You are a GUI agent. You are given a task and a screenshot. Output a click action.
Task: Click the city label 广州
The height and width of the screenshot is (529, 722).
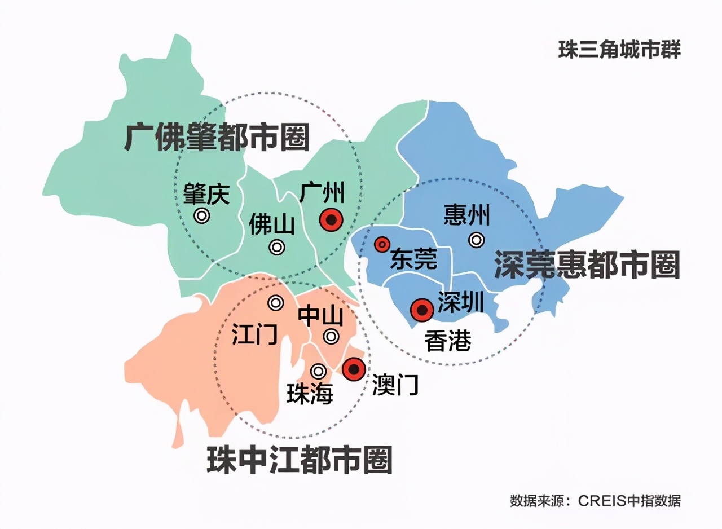click(322, 193)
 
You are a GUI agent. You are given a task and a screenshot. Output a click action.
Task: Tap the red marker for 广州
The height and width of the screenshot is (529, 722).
click(331, 220)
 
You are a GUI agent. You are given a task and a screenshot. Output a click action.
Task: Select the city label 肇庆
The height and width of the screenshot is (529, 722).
click(206, 195)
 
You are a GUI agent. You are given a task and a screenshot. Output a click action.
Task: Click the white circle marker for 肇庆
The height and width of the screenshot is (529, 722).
click(201, 215)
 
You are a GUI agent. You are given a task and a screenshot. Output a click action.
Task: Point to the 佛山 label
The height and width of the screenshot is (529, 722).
click(272, 226)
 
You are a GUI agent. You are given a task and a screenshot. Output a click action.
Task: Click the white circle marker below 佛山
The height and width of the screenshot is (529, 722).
click(277, 247)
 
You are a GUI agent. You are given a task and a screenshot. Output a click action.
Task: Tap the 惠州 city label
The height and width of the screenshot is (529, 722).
click(467, 215)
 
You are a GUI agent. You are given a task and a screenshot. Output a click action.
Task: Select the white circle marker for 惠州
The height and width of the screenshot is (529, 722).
click(477, 240)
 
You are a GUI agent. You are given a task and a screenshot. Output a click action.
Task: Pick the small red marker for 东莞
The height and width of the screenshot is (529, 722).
click(382, 244)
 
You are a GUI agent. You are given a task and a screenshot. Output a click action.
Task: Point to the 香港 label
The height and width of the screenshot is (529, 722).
click(448, 341)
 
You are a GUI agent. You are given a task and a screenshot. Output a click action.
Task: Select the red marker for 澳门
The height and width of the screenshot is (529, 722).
click(354, 369)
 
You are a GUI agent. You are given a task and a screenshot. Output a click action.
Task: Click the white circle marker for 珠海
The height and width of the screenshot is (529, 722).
click(319, 371)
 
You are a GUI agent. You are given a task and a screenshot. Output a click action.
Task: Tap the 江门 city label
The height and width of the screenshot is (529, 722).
click(254, 334)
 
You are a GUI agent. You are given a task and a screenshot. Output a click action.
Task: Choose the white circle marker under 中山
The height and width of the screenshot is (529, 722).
click(331, 337)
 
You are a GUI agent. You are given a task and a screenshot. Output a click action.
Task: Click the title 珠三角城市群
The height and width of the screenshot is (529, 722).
click(619, 50)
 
